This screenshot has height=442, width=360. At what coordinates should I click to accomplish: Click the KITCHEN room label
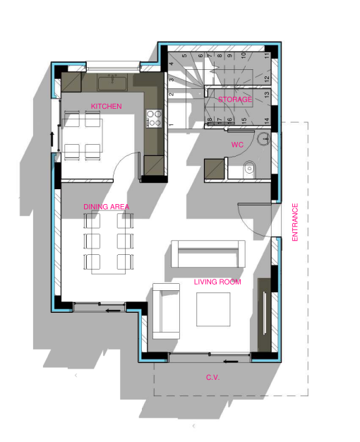coord(107,107)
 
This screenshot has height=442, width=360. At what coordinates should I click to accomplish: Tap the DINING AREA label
coord(107,207)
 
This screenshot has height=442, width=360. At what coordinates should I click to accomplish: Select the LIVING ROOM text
coord(217,282)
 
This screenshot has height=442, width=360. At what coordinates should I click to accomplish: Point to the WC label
coord(237,145)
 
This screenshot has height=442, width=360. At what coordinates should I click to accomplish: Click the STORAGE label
coord(235,100)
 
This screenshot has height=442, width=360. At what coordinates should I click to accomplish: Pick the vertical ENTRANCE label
coord(295,222)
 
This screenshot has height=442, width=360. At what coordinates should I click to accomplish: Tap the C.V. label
coord(213,377)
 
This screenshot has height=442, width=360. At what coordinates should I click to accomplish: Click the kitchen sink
coord(112,83)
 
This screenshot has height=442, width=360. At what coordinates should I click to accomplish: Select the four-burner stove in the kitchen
coord(154,119)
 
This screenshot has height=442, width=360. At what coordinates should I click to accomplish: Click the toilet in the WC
coord(249,169)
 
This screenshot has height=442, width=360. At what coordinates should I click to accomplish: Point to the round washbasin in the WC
coord(264,138)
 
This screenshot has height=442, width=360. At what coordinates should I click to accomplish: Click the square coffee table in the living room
coord(213,309)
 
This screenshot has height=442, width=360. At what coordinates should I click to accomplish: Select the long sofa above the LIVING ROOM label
coord(208,253)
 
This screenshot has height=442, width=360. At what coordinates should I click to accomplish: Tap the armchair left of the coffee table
coord(167,311)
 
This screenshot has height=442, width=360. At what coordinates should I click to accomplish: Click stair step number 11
coord(267,56)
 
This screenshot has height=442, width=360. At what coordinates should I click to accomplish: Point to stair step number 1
coord(171,124)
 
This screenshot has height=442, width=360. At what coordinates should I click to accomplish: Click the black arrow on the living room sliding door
coord(231,362)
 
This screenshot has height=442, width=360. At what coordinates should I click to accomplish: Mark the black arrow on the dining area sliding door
coord(113,311)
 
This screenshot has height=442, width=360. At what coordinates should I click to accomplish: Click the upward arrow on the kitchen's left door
coord(52,138)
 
